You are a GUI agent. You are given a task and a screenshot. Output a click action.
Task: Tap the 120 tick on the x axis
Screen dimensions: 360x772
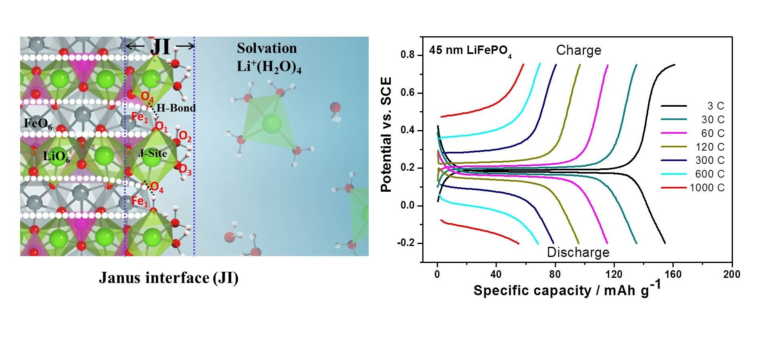614,275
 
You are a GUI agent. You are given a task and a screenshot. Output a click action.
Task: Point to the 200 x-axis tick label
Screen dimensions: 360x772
732,275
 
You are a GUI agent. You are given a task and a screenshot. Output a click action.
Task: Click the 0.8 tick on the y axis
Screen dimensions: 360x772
407,55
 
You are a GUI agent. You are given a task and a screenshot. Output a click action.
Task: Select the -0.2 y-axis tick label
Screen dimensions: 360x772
406,243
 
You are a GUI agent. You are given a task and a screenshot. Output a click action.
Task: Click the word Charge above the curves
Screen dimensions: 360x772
579,50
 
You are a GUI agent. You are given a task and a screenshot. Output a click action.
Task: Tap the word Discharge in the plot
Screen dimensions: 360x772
578,252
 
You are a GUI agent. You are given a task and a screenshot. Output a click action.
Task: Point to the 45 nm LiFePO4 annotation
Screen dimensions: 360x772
470,51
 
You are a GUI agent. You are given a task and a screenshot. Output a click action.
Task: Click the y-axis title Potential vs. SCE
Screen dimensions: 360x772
386,134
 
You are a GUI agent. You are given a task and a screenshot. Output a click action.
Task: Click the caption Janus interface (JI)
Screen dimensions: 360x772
169,278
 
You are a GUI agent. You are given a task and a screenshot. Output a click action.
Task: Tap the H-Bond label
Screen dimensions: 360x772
176,108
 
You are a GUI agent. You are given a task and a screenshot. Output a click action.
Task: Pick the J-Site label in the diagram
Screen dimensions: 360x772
152,153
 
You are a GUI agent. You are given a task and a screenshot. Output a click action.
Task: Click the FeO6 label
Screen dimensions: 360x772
38,124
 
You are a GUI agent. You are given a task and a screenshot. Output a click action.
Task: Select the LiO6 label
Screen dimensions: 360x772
56,156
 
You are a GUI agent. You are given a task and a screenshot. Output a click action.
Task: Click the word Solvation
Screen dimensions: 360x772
267,48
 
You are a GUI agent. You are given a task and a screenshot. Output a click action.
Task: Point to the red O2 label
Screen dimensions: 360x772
185,137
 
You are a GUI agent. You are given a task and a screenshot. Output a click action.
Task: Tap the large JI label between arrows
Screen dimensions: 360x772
160,47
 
